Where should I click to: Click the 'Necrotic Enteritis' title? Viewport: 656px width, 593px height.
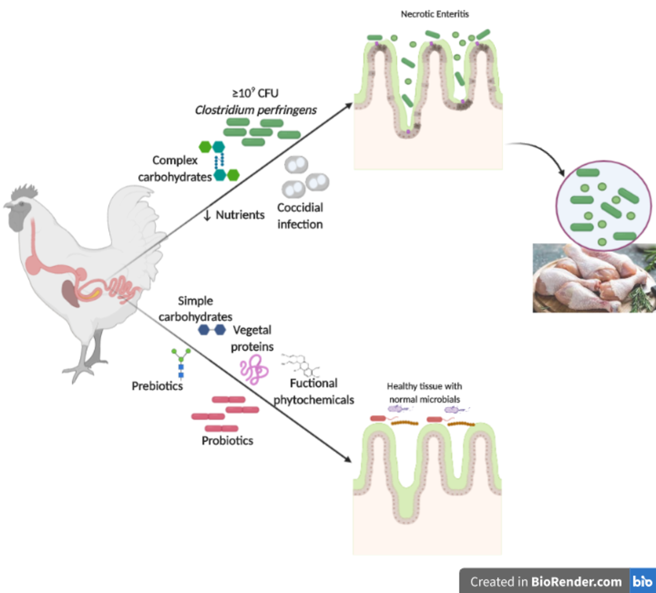click(x=435, y=14)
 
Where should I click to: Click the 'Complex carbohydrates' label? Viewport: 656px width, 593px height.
click(x=175, y=168)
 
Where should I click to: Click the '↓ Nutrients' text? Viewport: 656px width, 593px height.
click(x=234, y=215)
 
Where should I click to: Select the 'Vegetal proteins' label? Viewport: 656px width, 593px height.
click(x=253, y=337)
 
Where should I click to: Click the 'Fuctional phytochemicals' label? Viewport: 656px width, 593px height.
click(x=314, y=392)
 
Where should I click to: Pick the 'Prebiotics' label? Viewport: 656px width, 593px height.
click(x=157, y=387)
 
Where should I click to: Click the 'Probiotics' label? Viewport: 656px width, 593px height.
click(x=227, y=441)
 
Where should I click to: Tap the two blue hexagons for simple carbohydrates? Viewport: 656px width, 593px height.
click(x=212, y=329)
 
